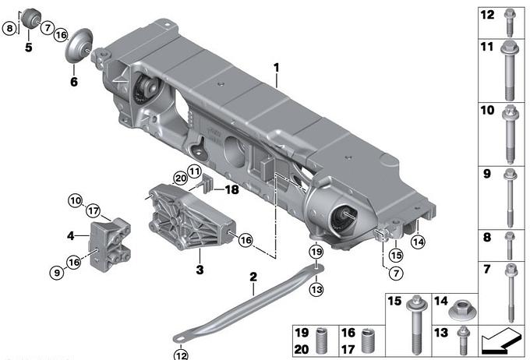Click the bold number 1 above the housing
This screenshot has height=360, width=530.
(276, 69)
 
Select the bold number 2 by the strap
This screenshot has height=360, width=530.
(253, 277)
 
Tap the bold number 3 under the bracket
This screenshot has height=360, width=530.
(200, 270)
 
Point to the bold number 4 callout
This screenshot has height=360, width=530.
(70, 235)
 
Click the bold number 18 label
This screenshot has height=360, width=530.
(232, 189)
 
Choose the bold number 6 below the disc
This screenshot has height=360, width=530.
(74, 80)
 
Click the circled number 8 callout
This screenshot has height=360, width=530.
(9, 29)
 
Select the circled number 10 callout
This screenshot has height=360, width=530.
(76, 200)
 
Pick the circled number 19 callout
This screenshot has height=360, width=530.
(315, 252)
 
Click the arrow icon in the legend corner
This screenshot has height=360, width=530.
(499, 341)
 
